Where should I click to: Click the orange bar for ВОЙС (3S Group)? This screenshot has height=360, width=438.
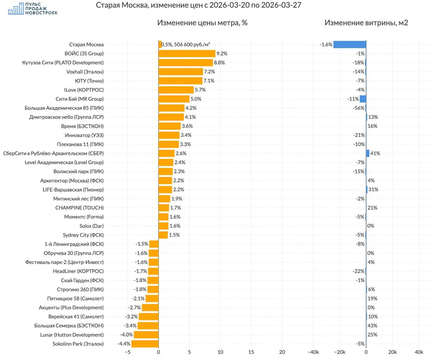point(187,53)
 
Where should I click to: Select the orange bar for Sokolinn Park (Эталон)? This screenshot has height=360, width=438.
point(145,344)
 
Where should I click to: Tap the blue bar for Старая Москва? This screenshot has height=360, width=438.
point(350,45)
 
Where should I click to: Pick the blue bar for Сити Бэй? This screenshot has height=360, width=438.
point(363,99)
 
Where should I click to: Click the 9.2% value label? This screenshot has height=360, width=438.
point(222,53)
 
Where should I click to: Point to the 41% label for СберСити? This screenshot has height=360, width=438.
point(375,153)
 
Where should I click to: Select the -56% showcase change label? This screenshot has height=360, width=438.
point(359,108)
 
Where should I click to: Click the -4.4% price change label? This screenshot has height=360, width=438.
point(124,344)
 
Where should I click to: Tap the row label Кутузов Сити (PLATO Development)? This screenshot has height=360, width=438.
point(63,63)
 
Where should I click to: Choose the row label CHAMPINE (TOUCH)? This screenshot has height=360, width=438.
point(79,208)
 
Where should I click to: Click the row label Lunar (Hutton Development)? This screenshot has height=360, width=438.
point(72,335)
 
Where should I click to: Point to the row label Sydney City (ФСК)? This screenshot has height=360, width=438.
point(83,235)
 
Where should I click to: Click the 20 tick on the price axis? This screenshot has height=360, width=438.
point(282,352)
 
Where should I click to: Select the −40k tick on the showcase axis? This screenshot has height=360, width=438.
point(313,352)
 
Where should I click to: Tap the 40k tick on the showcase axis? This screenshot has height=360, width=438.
point(419,352)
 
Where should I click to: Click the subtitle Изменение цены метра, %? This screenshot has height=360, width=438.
point(202,23)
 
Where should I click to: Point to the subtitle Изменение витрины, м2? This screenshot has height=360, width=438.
point(366,23)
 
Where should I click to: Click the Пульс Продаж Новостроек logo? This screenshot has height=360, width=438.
point(33,9)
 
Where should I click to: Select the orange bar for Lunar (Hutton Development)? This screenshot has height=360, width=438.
point(146,335)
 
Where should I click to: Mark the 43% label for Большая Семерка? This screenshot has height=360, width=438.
point(372,326)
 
